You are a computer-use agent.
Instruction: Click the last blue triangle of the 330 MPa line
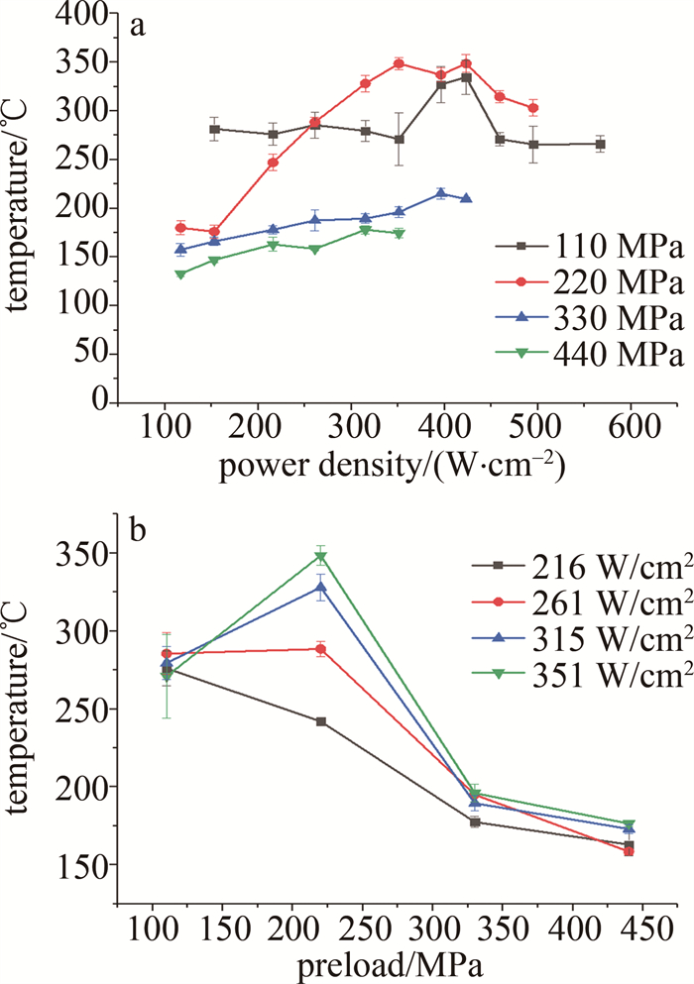click(466, 198)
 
